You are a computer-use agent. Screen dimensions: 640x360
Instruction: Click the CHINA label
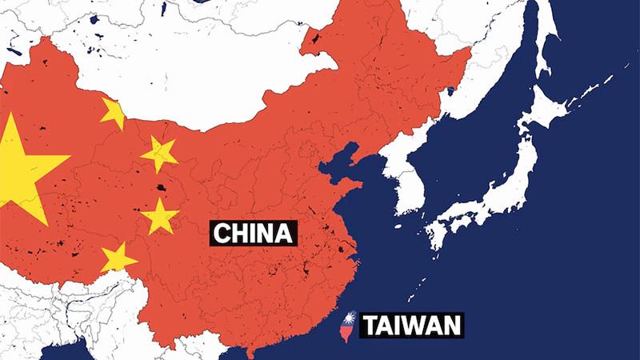[x=254, y=234]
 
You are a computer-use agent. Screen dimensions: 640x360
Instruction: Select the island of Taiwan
[x=350, y=330]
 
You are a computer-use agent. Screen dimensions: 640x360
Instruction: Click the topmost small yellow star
[x=114, y=113]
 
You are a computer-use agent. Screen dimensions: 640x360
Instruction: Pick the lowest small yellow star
[x=118, y=258]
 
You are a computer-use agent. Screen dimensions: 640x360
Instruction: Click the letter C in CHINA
[x=222, y=234]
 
